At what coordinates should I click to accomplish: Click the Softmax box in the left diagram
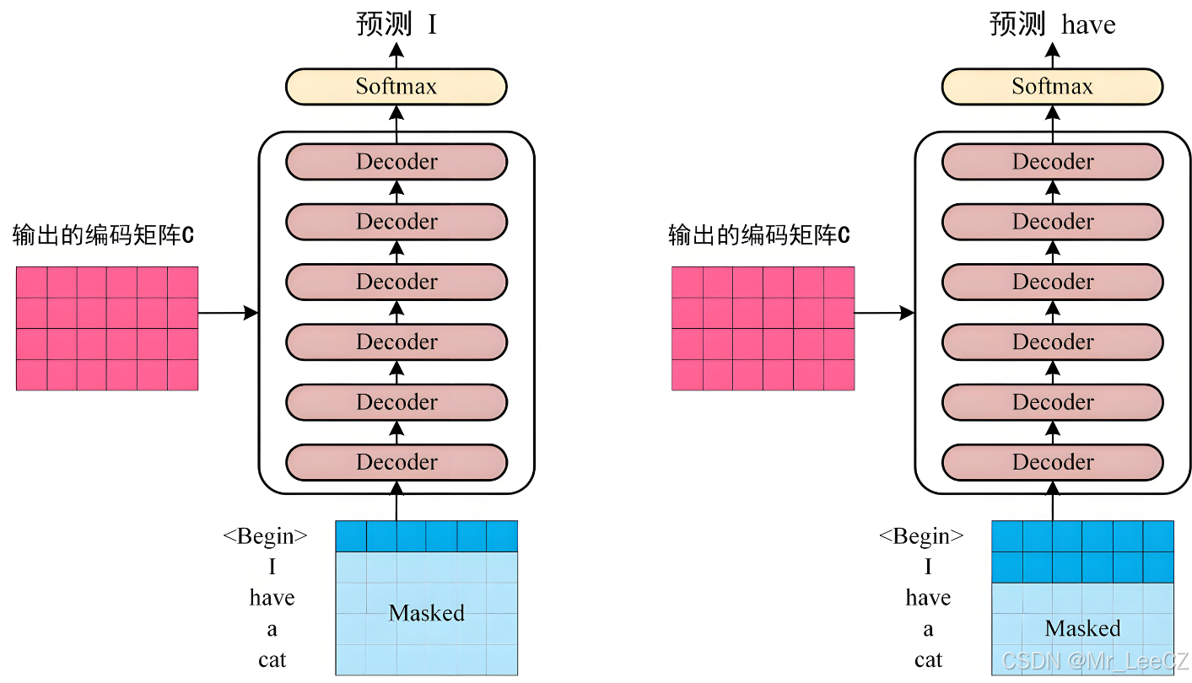coord(396,86)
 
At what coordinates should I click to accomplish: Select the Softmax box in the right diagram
coord(1052,86)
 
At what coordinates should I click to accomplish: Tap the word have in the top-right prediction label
coord(1088,24)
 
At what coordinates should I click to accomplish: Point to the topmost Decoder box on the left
coord(396,161)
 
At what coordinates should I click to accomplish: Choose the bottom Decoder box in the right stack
coord(1053,462)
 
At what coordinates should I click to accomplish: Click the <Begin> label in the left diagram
coord(265,535)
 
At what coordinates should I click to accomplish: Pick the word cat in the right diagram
coord(928,659)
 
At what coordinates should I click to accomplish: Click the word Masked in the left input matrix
coord(426,613)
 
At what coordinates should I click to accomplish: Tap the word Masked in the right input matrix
coord(1082,628)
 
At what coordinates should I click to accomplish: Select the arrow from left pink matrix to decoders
coord(228,313)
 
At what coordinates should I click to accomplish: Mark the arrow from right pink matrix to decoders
coord(884,313)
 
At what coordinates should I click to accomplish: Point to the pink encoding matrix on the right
coord(763,328)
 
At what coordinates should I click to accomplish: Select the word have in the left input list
coord(272,598)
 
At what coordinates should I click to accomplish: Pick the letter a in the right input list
coord(928,629)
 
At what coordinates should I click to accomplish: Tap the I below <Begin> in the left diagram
coord(272,567)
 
